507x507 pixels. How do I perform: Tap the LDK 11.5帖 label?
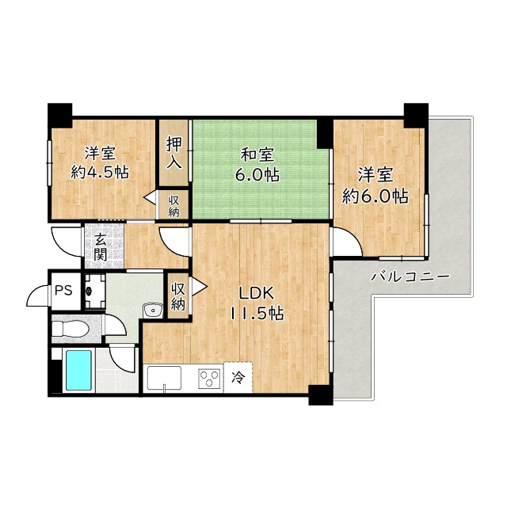click(257, 303)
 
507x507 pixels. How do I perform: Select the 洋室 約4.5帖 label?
click(100, 162)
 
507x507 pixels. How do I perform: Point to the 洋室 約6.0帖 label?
click(375, 185)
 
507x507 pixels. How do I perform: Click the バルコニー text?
click(410, 276)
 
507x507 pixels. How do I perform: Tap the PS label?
click(63, 291)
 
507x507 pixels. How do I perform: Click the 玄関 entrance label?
click(101, 246)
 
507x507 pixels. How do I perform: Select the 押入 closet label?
click(174, 153)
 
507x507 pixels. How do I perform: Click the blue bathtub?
click(79, 371)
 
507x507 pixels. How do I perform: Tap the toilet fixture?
click(71, 329)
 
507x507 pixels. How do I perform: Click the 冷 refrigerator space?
click(238, 377)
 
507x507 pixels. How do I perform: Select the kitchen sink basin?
click(164, 378)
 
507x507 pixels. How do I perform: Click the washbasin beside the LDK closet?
click(153, 311)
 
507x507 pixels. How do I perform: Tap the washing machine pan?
click(95, 292)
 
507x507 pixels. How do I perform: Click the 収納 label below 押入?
click(173, 207)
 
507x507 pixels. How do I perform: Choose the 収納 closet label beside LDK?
click(178, 296)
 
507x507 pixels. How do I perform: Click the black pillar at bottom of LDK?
click(320, 395)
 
